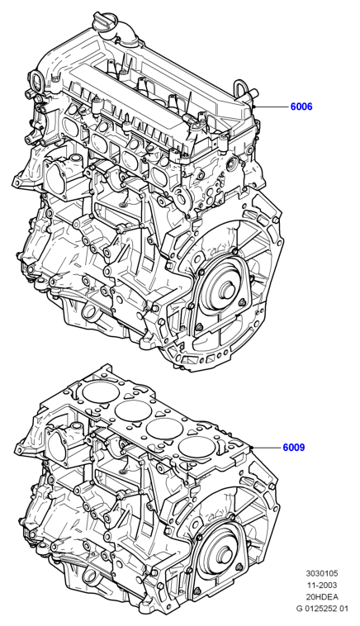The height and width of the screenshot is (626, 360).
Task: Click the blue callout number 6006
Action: pos(301,107)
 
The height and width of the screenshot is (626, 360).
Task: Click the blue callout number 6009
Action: pos(294,448)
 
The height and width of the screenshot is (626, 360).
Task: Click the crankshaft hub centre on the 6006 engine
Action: pos(228,289)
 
